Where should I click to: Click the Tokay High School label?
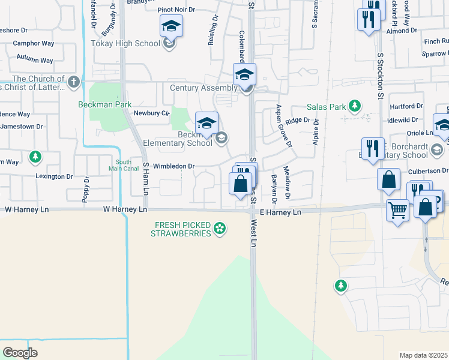(x=125, y=43)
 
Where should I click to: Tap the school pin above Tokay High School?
(x=171, y=26)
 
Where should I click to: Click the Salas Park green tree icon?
(x=355, y=107)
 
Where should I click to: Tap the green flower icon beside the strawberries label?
(x=220, y=228)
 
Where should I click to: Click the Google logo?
(x=20, y=352)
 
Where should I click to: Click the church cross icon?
(x=74, y=82)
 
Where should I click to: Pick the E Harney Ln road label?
(x=280, y=212)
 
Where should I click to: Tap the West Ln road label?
(x=253, y=233)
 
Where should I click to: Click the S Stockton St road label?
(x=380, y=75)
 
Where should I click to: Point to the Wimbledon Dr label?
(x=174, y=166)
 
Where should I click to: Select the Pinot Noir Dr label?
(x=176, y=10)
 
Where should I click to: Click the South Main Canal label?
(x=124, y=165)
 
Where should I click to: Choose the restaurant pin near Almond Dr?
(x=369, y=19)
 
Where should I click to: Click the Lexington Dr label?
(x=54, y=176)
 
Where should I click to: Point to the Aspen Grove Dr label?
(x=283, y=125)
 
